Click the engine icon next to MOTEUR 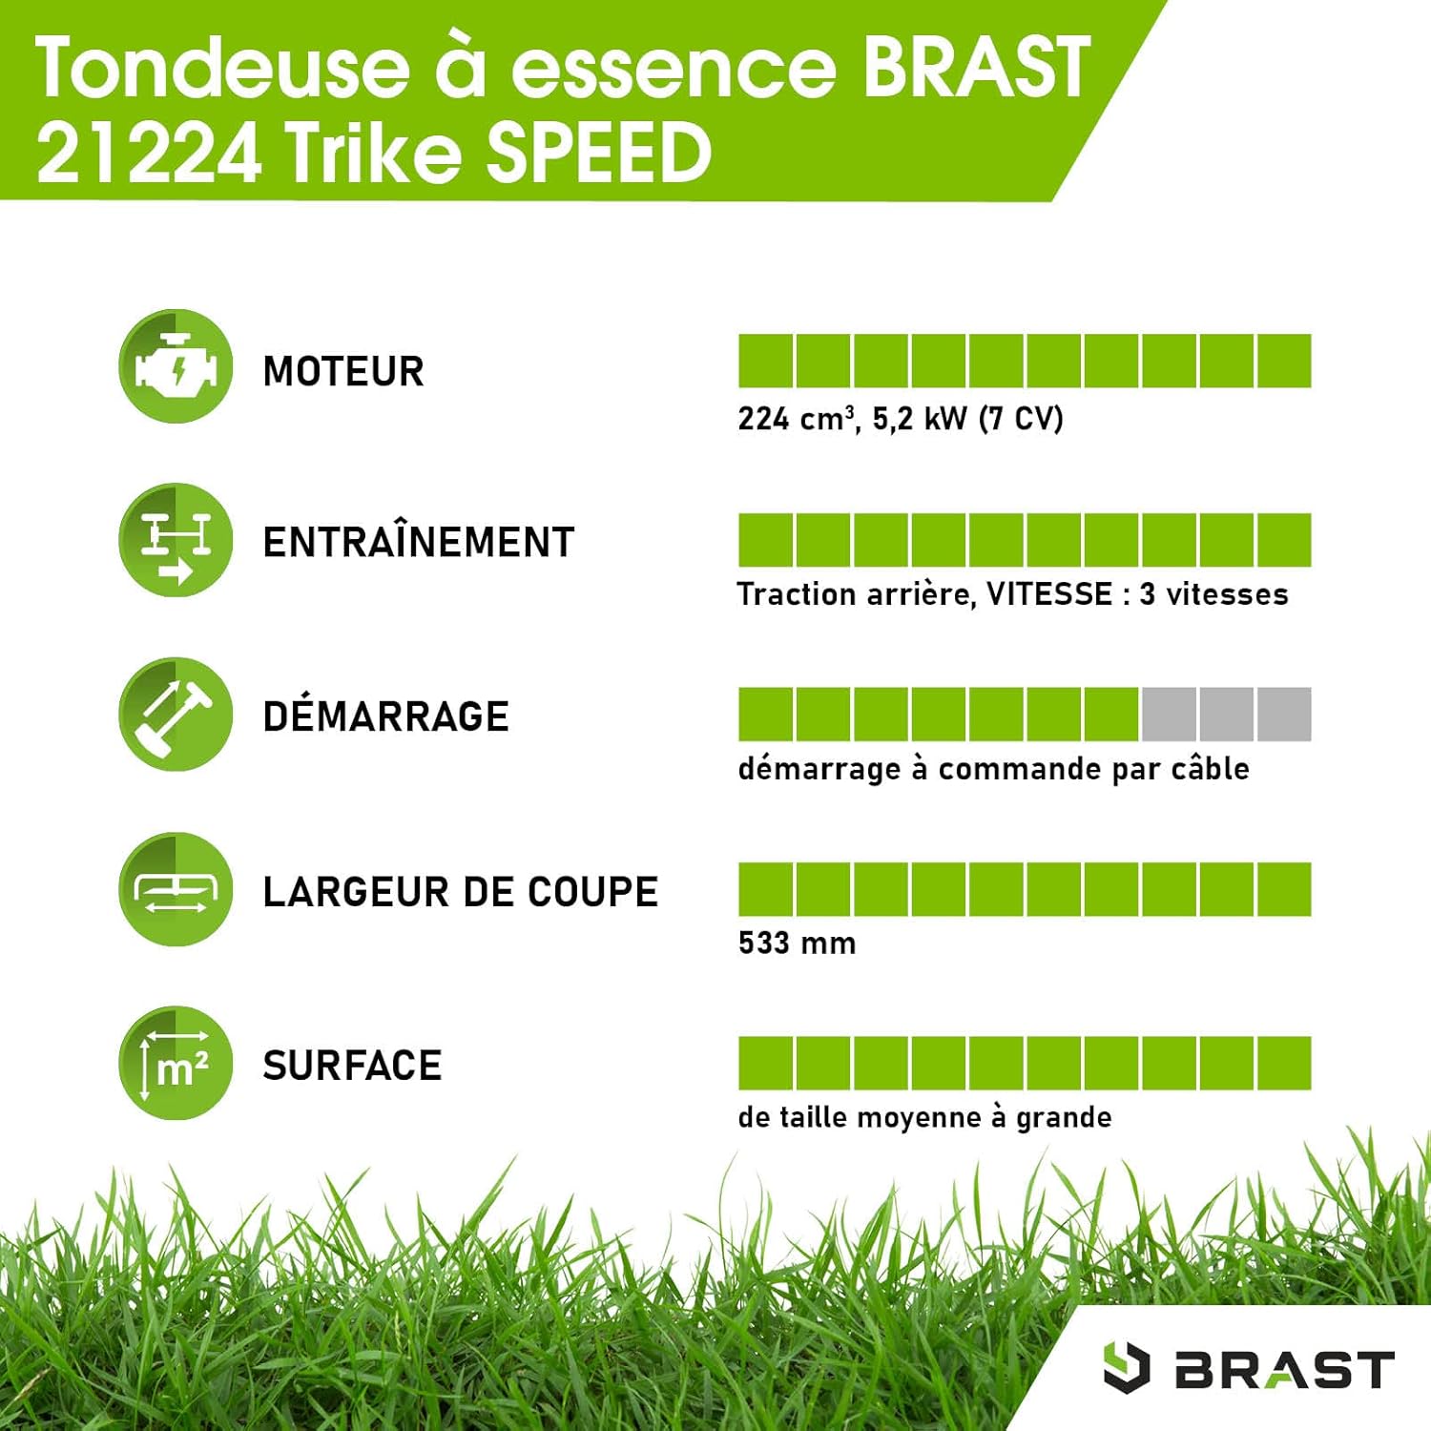[x=176, y=366]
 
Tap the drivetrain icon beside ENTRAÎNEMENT [x=176, y=540]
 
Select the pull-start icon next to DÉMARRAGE [x=176, y=714]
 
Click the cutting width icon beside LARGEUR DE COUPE [x=176, y=889]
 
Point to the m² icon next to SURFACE [x=176, y=1063]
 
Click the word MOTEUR [x=342, y=371]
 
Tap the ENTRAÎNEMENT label [x=418, y=543]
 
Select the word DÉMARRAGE [x=385, y=716]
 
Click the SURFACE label [x=352, y=1066]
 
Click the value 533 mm [x=797, y=944]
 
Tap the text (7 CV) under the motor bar [x=1021, y=419]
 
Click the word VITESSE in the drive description [x=1049, y=594]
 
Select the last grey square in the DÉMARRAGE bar [x=1284, y=714]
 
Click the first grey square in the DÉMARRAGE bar [x=1169, y=714]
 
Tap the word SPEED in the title [x=599, y=153]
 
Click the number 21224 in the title [x=149, y=153]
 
